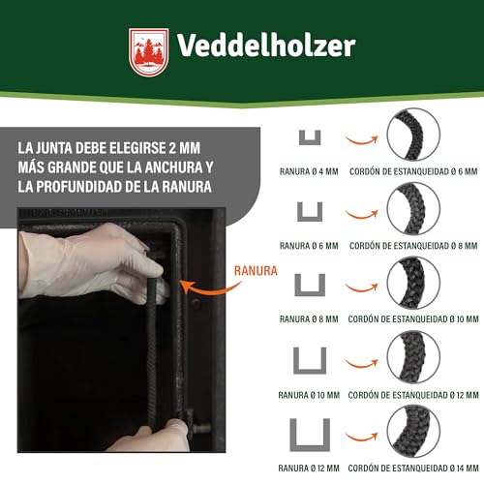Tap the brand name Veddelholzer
[266, 45]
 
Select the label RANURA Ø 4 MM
[309, 170]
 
